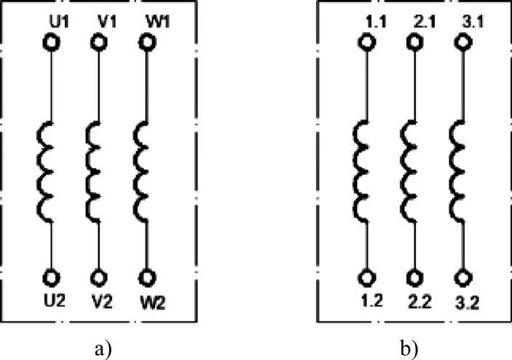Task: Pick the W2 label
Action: [x=150, y=300]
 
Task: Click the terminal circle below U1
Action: [x=51, y=43]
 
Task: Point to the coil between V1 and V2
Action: [x=92, y=167]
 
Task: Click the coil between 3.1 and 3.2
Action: [x=457, y=167]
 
